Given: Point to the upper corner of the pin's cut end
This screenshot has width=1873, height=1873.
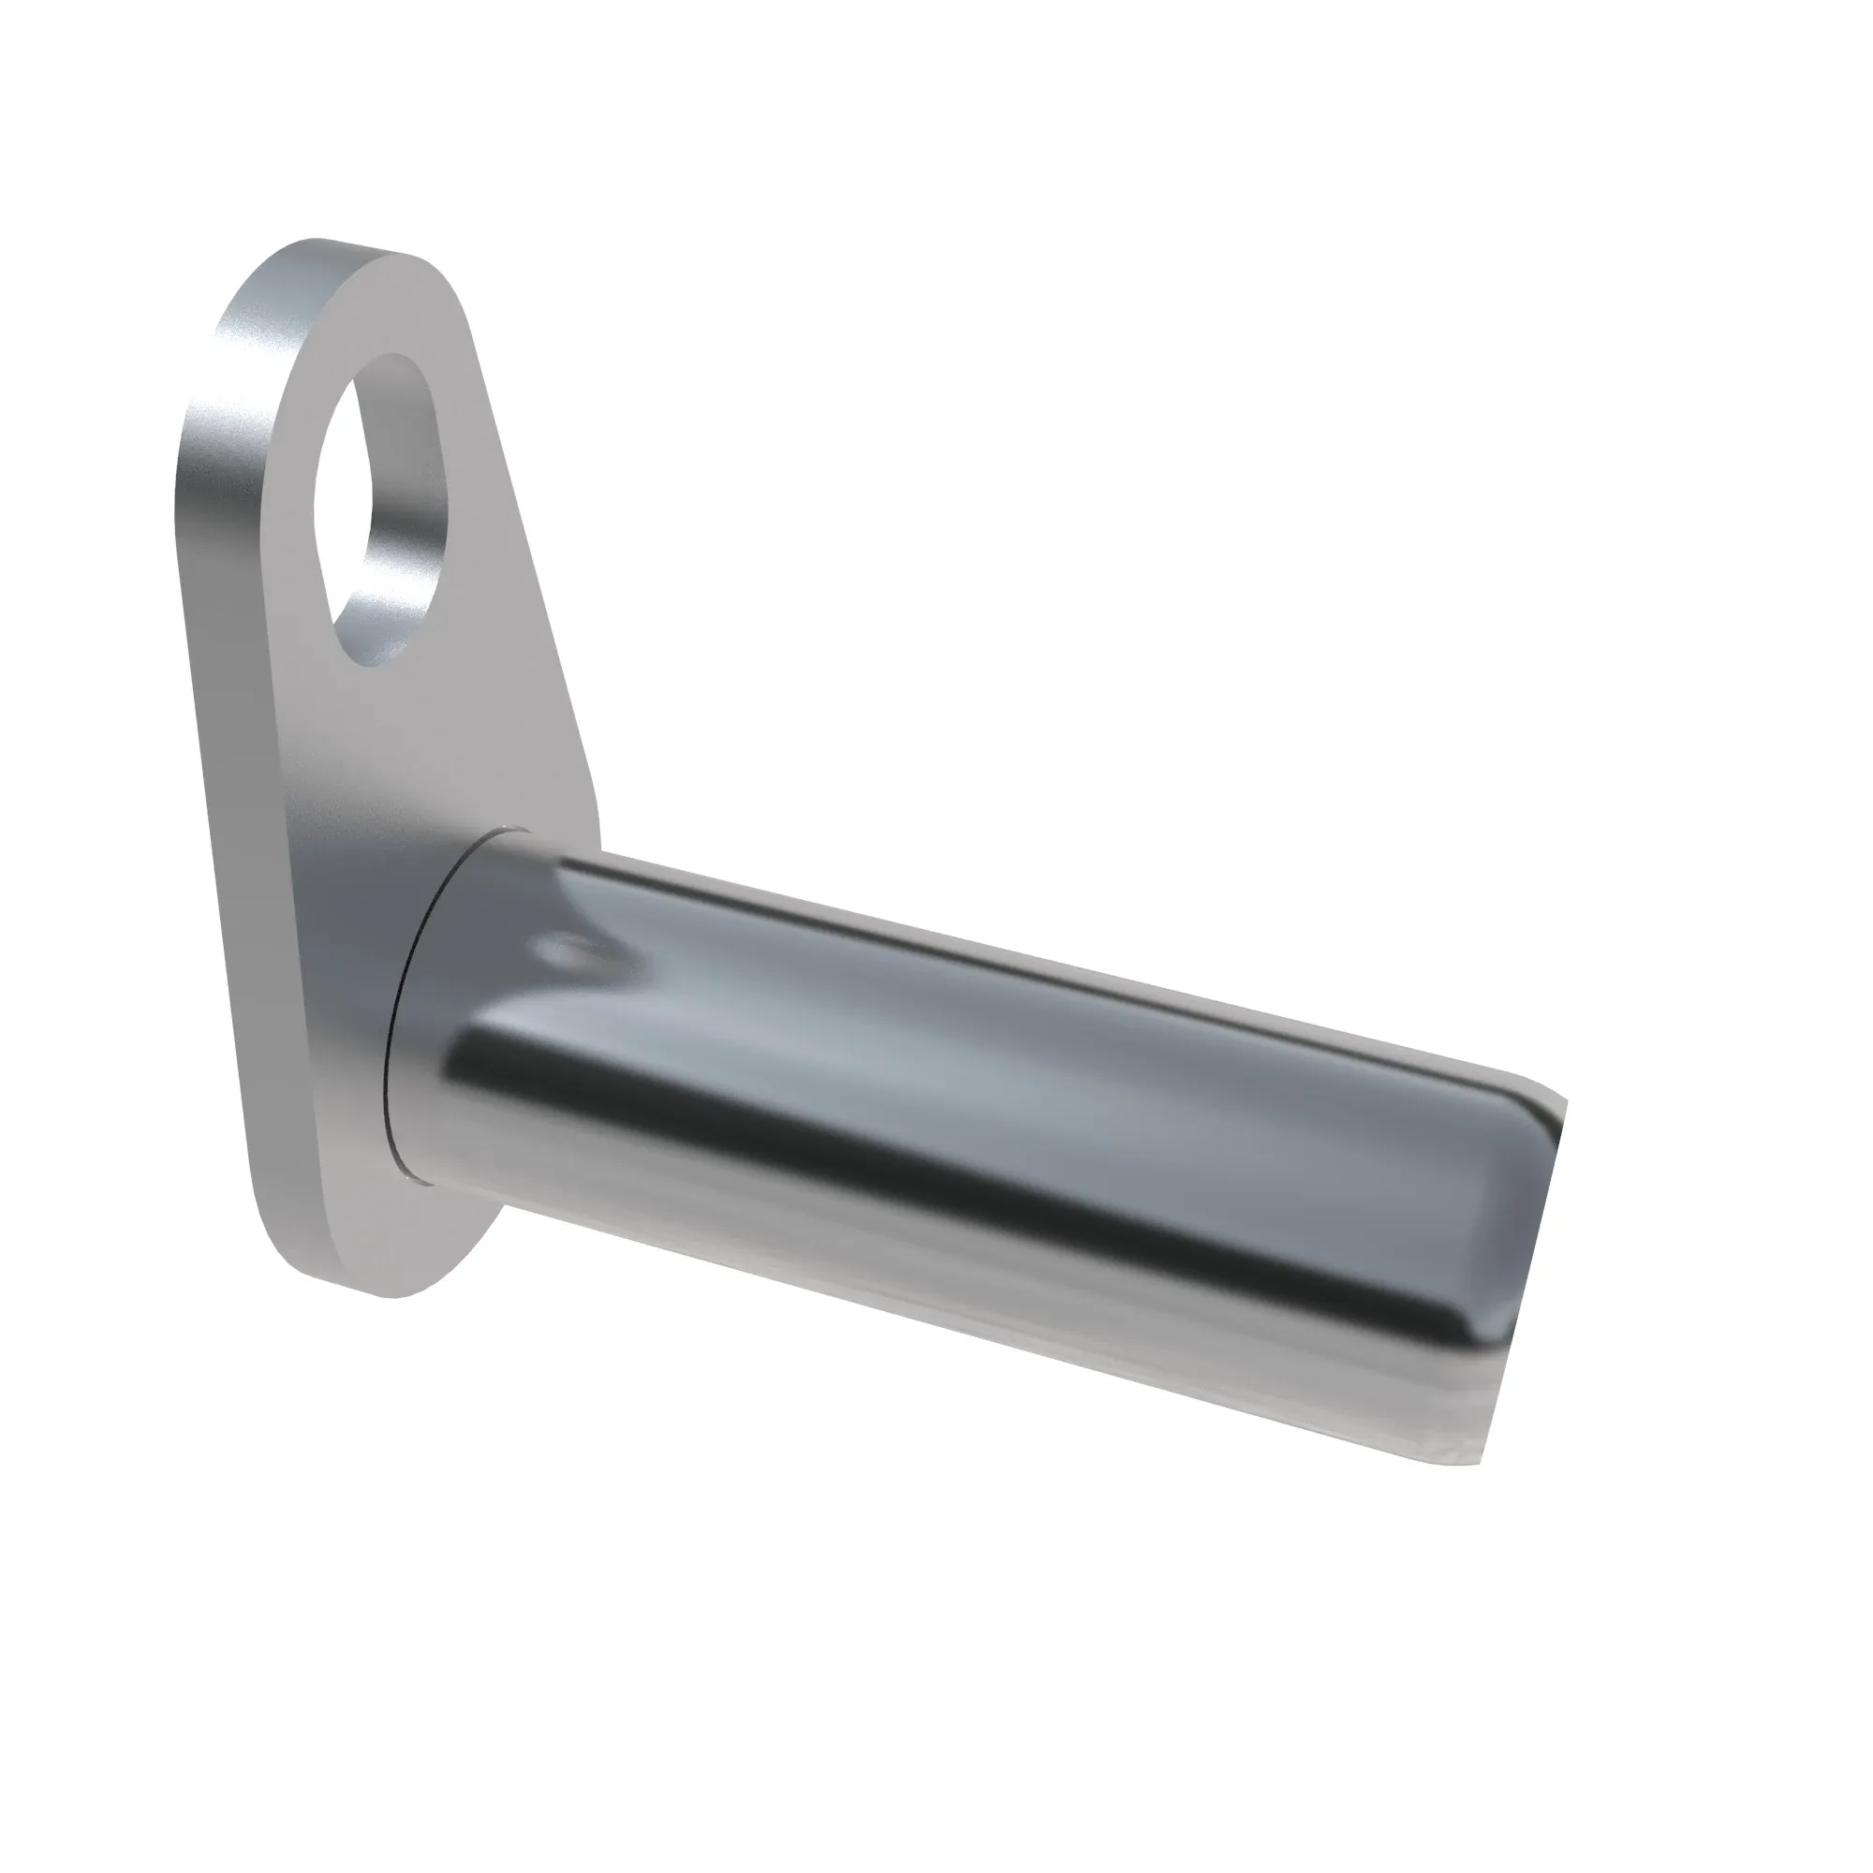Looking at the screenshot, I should point(1563,1100).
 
